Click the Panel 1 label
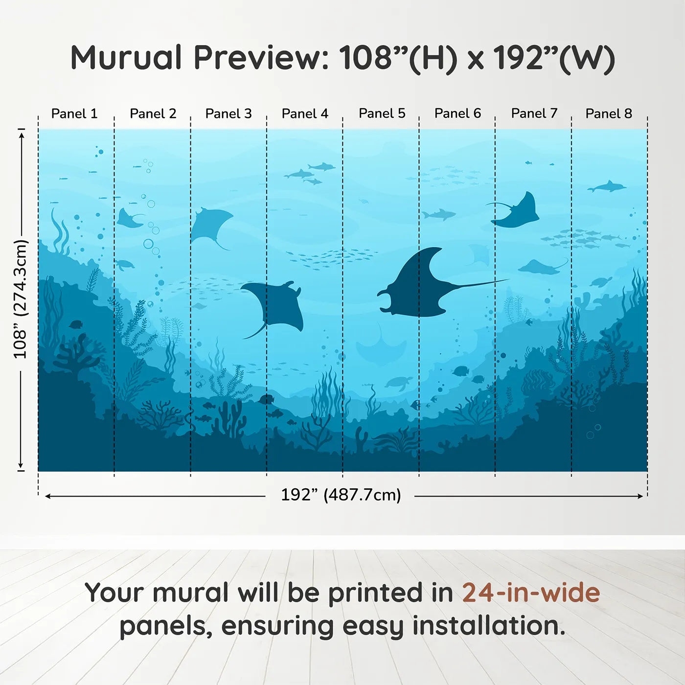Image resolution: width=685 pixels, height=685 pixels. (74, 114)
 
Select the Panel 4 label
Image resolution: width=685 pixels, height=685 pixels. (305, 114)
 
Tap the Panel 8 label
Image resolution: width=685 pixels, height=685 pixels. (609, 114)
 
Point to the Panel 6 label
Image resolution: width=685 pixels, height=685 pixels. (457, 114)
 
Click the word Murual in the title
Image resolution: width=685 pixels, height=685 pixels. (126, 58)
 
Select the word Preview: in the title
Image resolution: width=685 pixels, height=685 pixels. (261, 58)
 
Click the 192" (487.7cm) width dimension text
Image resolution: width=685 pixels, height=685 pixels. (341, 495)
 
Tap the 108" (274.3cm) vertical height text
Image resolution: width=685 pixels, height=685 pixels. (21, 299)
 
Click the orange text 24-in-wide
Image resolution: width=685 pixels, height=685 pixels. (530, 593)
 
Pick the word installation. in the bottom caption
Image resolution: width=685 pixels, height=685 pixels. (489, 626)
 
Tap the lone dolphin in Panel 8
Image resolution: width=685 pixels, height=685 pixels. (607, 187)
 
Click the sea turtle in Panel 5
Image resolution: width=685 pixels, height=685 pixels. (399, 383)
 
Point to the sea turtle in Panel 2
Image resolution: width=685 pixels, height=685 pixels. (125, 265)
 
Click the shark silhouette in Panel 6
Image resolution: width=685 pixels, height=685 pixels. (439, 214)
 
